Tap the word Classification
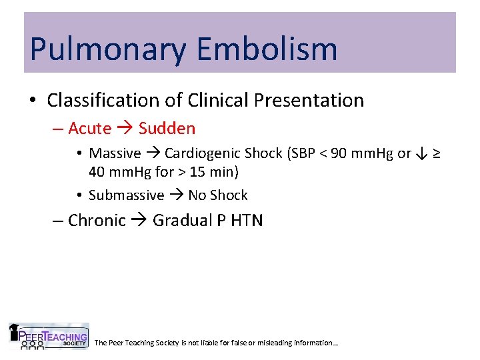tap(103, 101)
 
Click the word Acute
tap(89, 128)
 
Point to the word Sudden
tap(167, 128)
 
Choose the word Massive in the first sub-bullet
tap(115, 153)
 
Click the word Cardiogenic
tap(204, 153)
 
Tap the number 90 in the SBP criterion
tap(339, 153)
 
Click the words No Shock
tap(218, 195)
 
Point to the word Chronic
tap(97, 221)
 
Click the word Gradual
tap(182, 221)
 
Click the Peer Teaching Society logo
tap(48, 337)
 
